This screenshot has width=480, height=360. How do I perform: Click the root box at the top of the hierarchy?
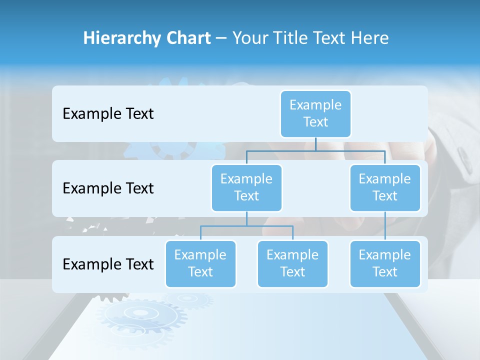tap(315, 113)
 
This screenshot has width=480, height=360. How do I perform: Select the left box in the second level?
tap(246, 187)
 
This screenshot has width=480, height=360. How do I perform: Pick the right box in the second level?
tap(385, 187)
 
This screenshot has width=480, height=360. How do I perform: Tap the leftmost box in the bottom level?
tap(200, 263)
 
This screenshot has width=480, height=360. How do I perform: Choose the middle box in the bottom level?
tap(292, 263)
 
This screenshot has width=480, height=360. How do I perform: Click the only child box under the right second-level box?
tap(385, 263)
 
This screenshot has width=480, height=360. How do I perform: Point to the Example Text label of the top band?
tap(108, 114)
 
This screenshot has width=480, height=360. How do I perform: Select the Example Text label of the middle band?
tap(108, 188)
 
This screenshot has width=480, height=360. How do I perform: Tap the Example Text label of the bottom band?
tap(108, 264)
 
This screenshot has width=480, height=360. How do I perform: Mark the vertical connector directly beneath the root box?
tap(315, 144)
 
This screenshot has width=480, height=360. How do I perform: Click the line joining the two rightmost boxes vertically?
tap(385, 226)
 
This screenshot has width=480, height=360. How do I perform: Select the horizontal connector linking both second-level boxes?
tap(315, 150)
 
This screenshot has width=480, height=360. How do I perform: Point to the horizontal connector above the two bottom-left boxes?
tap(246, 226)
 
